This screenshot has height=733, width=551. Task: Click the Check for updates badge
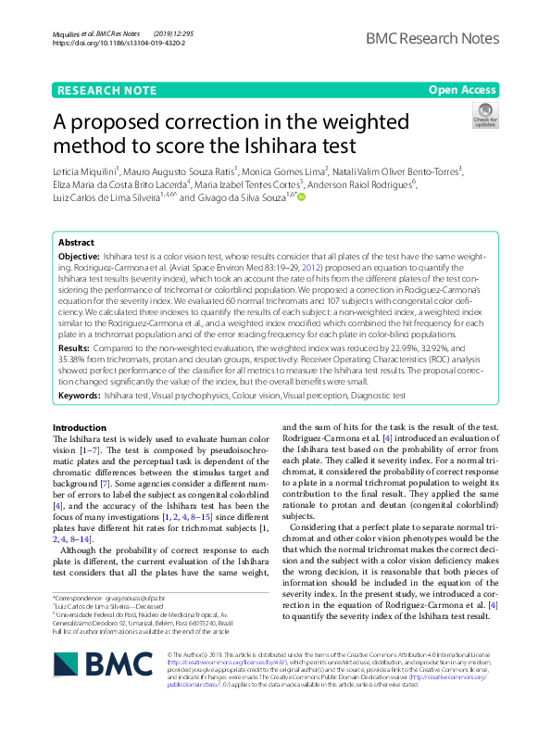510,116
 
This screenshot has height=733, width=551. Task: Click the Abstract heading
76,242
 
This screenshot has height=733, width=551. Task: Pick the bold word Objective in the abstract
78,254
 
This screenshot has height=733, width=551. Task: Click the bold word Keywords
79,395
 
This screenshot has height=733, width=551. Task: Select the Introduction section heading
80,427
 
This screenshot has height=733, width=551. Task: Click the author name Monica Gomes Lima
271,171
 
